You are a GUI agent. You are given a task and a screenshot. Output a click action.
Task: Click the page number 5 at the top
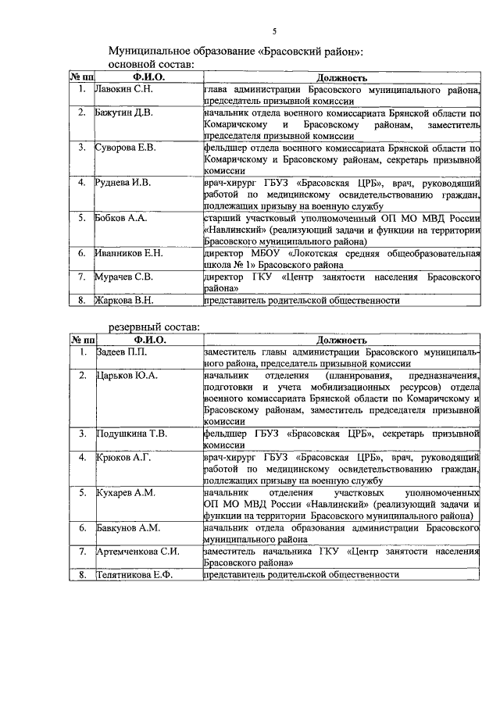274,31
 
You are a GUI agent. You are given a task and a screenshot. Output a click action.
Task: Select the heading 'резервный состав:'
154,327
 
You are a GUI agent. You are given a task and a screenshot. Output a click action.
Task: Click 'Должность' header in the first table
341,78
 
